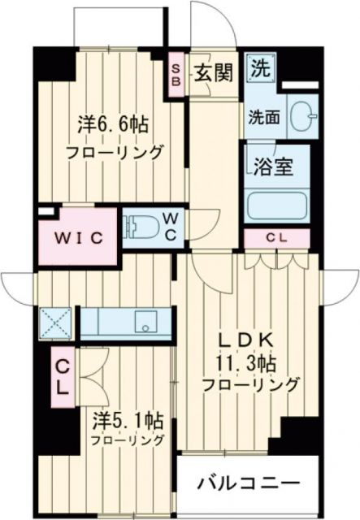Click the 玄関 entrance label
tap(215, 71)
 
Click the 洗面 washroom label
tap(264, 116)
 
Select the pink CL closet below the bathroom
tap(277, 237)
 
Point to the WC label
tap(171, 225)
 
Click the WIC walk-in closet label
tap(79, 237)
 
